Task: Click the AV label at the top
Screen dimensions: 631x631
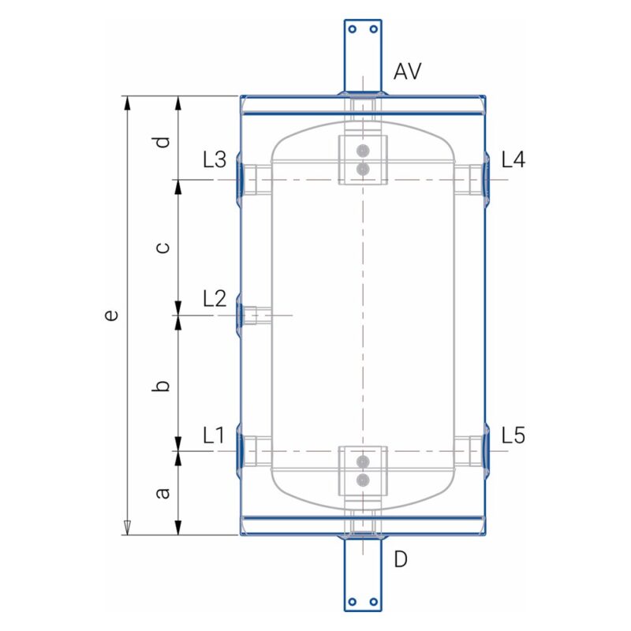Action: point(407,71)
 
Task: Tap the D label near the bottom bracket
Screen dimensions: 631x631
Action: point(401,559)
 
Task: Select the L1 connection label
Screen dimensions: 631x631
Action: point(214,435)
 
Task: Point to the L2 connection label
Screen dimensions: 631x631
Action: point(215,299)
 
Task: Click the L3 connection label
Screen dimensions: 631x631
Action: point(215,159)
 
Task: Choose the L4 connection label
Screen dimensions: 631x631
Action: point(513,159)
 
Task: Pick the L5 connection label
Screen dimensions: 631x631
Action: point(513,435)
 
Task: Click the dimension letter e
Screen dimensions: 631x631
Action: point(110,315)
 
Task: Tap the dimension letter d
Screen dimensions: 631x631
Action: point(162,142)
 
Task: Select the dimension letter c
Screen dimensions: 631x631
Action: point(162,247)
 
